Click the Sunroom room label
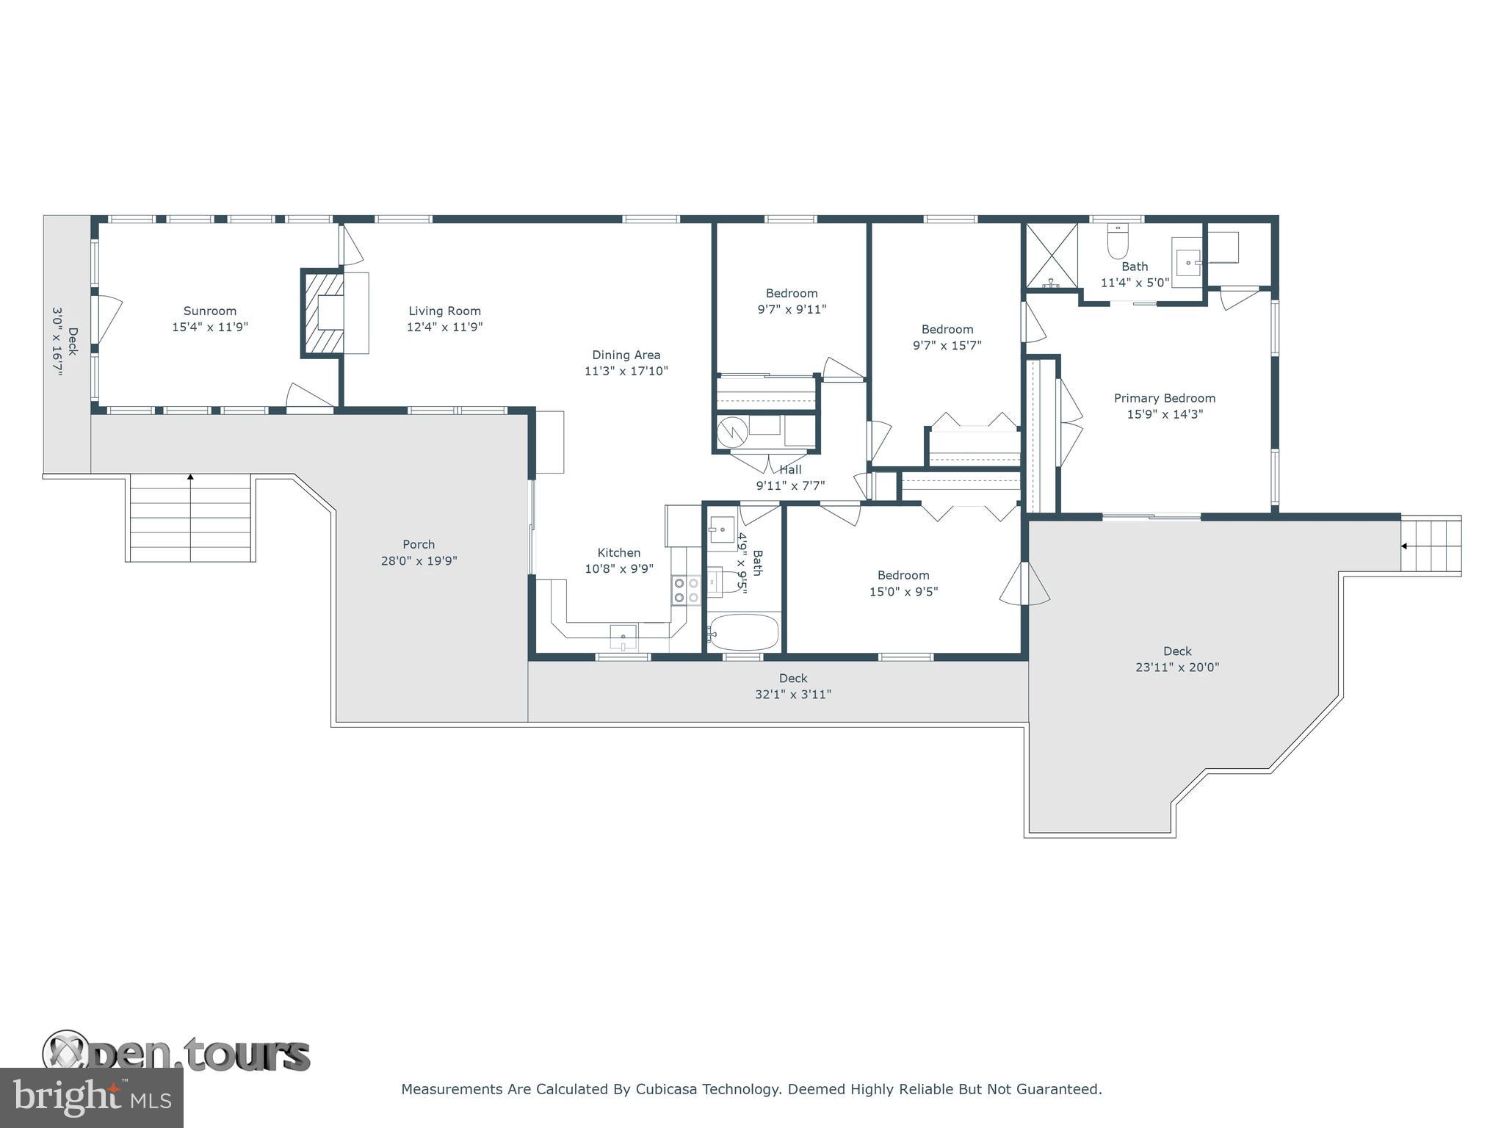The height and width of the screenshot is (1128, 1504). (210, 311)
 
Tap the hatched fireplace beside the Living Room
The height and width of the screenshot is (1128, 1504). (323, 314)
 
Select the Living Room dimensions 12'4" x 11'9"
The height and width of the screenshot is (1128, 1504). (444, 328)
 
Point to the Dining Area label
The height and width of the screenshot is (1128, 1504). (626, 355)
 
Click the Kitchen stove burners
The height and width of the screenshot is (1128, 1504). (686, 590)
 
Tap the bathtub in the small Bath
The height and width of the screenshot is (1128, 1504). (744, 632)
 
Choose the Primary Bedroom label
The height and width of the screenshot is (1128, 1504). (1164, 398)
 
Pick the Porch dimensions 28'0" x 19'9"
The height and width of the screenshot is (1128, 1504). (419, 561)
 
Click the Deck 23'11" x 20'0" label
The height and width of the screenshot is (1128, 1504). (1177, 659)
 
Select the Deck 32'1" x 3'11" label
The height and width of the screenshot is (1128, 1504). (792, 686)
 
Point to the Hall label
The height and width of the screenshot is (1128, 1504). (791, 470)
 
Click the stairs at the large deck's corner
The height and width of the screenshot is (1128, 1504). (1431, 546)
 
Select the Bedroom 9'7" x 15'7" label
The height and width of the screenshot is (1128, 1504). (947, 337)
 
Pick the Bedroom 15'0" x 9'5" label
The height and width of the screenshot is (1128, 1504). (903, 583)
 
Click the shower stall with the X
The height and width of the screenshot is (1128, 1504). (1051, 256)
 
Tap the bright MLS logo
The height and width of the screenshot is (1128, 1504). (91, 1097)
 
